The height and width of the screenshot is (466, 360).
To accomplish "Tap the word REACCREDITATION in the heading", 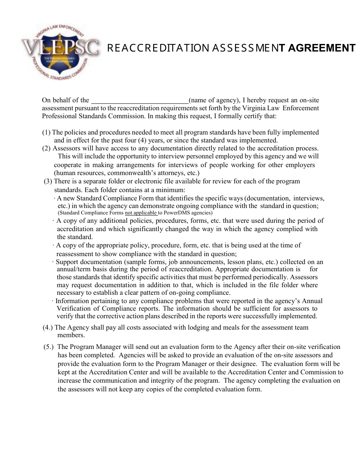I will pyautogui.click(x=158, y=48).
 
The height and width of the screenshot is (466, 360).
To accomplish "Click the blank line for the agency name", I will pyautogui.click(x=140, y=101).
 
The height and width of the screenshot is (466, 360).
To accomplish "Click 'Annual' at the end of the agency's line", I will pyautogui.click(x=312, y=301).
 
